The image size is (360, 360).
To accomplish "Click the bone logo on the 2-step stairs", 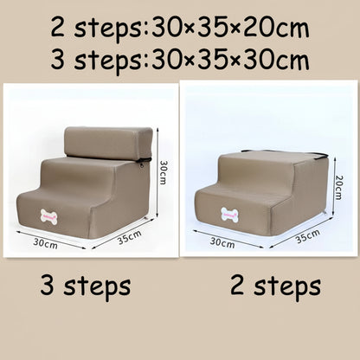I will [230, 213].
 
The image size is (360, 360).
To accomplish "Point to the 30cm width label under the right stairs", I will [222, 243].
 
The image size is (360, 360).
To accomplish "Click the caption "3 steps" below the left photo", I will [86, 285].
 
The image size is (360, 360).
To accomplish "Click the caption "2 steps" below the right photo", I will [276, 285].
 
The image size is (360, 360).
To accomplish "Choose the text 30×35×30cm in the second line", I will [229, 61].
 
